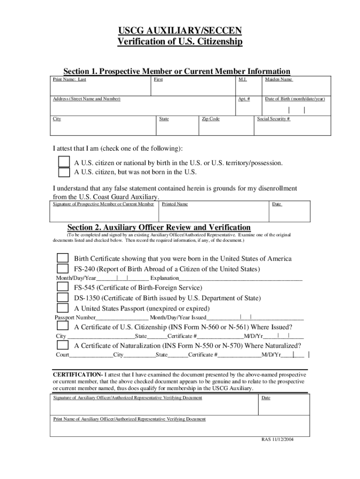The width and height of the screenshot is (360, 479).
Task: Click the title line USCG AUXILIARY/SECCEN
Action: coord(180,31)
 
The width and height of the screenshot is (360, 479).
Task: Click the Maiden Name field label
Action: coord(279,80)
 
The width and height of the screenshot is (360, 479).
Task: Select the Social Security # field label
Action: coord(274,119)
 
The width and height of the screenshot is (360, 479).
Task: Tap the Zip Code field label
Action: coord(210,119)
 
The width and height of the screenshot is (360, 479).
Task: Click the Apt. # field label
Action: coord(244,99)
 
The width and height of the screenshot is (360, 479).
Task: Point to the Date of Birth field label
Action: coord(295,99)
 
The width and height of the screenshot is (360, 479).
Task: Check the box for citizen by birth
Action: coord(64,162)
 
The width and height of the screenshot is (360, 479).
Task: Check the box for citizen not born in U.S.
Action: coord(64,172)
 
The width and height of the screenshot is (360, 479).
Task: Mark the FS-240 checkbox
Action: coord(63,269)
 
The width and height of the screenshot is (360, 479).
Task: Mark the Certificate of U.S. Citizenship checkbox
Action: coord(63,327)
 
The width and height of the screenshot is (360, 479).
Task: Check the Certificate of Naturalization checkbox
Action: coord(63,345)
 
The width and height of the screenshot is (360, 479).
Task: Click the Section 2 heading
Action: coord(159,227)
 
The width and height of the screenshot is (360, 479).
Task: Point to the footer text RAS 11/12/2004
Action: coord(278,440)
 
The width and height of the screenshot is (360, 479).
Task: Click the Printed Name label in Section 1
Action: coord(175,204)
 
